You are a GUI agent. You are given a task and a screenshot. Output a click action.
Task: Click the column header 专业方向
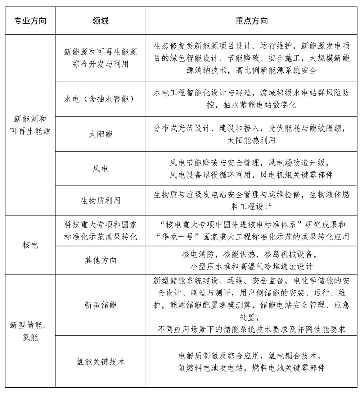(30, 21)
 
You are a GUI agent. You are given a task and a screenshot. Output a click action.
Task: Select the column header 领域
(100, 21)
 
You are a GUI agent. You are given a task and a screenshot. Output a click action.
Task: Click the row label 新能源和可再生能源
(30, 124)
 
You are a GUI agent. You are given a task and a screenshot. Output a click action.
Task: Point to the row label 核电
(30, 245)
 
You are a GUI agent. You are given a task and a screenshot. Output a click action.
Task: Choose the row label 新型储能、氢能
(30, 331)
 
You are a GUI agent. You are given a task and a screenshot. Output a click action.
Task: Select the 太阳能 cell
(100, 134)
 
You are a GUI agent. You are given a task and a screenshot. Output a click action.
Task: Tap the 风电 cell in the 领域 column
(100, 168)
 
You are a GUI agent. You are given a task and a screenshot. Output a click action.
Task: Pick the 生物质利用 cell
(100, 200)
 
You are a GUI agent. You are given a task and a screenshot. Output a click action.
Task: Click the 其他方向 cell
(100, 260)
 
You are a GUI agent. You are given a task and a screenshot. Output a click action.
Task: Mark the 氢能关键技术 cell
(100, 361)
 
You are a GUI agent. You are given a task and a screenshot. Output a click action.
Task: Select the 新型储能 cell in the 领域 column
(100, 305)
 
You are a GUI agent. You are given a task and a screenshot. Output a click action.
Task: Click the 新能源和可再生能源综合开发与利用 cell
(100, 58)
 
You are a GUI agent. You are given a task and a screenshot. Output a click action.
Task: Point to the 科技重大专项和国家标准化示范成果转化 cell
(100, 231)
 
